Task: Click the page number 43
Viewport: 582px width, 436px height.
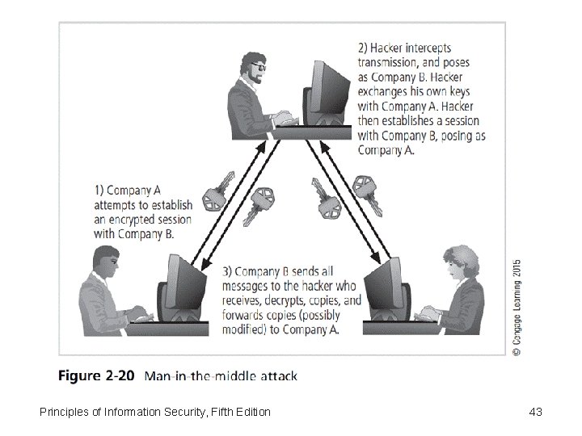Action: pos(534,413)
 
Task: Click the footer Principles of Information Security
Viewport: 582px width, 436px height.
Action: pos(154,413)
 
